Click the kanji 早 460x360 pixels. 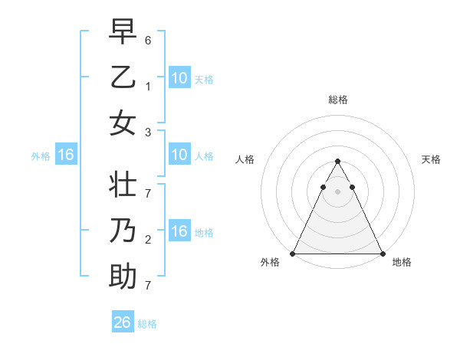pyautogui.click(x=123, y=32)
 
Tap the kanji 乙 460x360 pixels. pyautogui.click(x=123, y=78)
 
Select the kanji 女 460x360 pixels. pyautogui.click(x=123, y=123)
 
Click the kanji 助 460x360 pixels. pyautogui.click(x=123, y=276)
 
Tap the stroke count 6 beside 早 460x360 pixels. pyautogui.click(x=148, y=39)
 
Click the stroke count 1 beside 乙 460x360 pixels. pyautogui.click(x=148, y=86)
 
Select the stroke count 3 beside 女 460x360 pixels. pyautogui.click(x=148, y=132)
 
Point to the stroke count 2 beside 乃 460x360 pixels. pyautogui.click(x=148, y=239)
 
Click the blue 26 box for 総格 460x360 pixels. pyautogui.click(x=122, y=322)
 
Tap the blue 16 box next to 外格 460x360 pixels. pyautogui.click(x=65, y=155)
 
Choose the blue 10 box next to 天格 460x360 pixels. pyautogui.click(x=179, y=78)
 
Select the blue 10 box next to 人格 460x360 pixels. pyautogui.click(x=179, y=155)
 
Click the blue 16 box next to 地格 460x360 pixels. pyautogui.click(x=179, y=231)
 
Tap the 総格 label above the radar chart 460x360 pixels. pyautogui.click(x=337, y=100)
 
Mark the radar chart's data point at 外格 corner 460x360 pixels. pyautogui.click(x=293, y=254)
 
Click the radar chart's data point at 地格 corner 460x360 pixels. pyautogui.click(x=382, y=254)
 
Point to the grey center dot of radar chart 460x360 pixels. pyautogui.click(x=337, y=191)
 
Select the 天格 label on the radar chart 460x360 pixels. pyautogui.click(x=431, y=159)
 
